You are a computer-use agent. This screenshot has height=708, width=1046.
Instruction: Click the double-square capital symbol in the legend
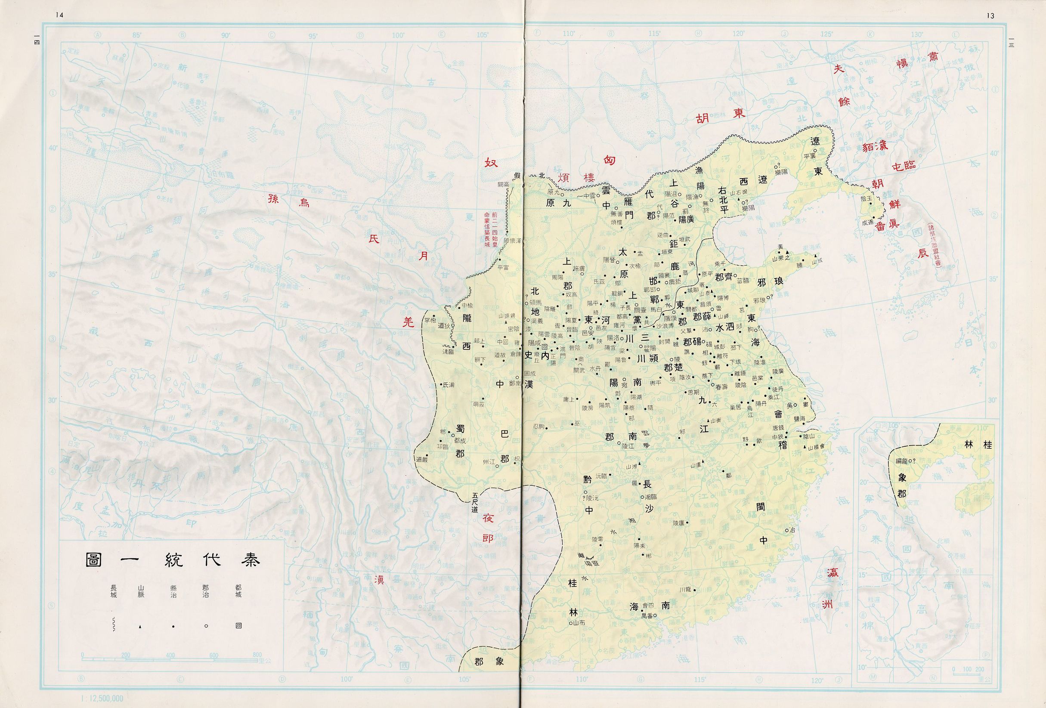[238, 626]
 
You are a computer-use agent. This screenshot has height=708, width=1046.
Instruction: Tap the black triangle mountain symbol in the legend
[140, 627]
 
